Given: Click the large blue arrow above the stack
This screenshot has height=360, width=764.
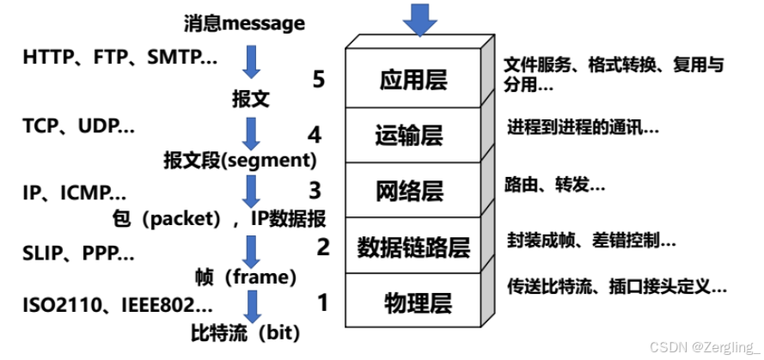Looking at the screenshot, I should tap(419, 19).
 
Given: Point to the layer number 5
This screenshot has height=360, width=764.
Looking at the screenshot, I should tap(319, 80).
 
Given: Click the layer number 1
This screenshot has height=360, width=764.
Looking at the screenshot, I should tap(322, 302).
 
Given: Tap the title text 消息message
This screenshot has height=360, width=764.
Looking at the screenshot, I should tap(244, 23).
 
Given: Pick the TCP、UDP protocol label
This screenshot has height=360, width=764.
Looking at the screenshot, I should tap(78, 126).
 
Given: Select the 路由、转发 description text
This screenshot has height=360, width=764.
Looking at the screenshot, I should tap(554, 185).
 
